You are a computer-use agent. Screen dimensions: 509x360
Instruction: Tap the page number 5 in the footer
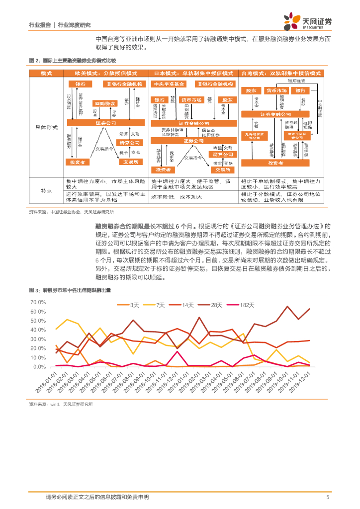click(328, 497)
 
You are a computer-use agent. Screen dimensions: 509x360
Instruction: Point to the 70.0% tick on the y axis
click(38, 302)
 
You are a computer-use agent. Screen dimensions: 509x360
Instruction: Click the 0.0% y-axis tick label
click(40, 367)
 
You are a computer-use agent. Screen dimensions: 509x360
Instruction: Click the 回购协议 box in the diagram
click(105, 103)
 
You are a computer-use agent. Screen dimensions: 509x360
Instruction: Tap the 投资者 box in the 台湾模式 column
click(279, 163)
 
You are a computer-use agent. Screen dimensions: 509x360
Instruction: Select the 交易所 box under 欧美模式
click(131, 162)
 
